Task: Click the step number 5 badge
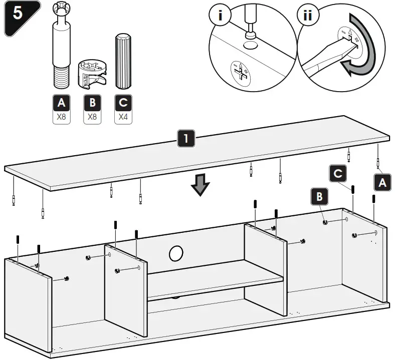[19, 15]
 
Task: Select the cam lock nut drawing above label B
[92, 74]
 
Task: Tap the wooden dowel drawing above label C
[122, 60]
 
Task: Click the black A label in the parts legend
[61, 103]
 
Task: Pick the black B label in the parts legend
[92, 103]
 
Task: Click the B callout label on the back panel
[319, 197]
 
